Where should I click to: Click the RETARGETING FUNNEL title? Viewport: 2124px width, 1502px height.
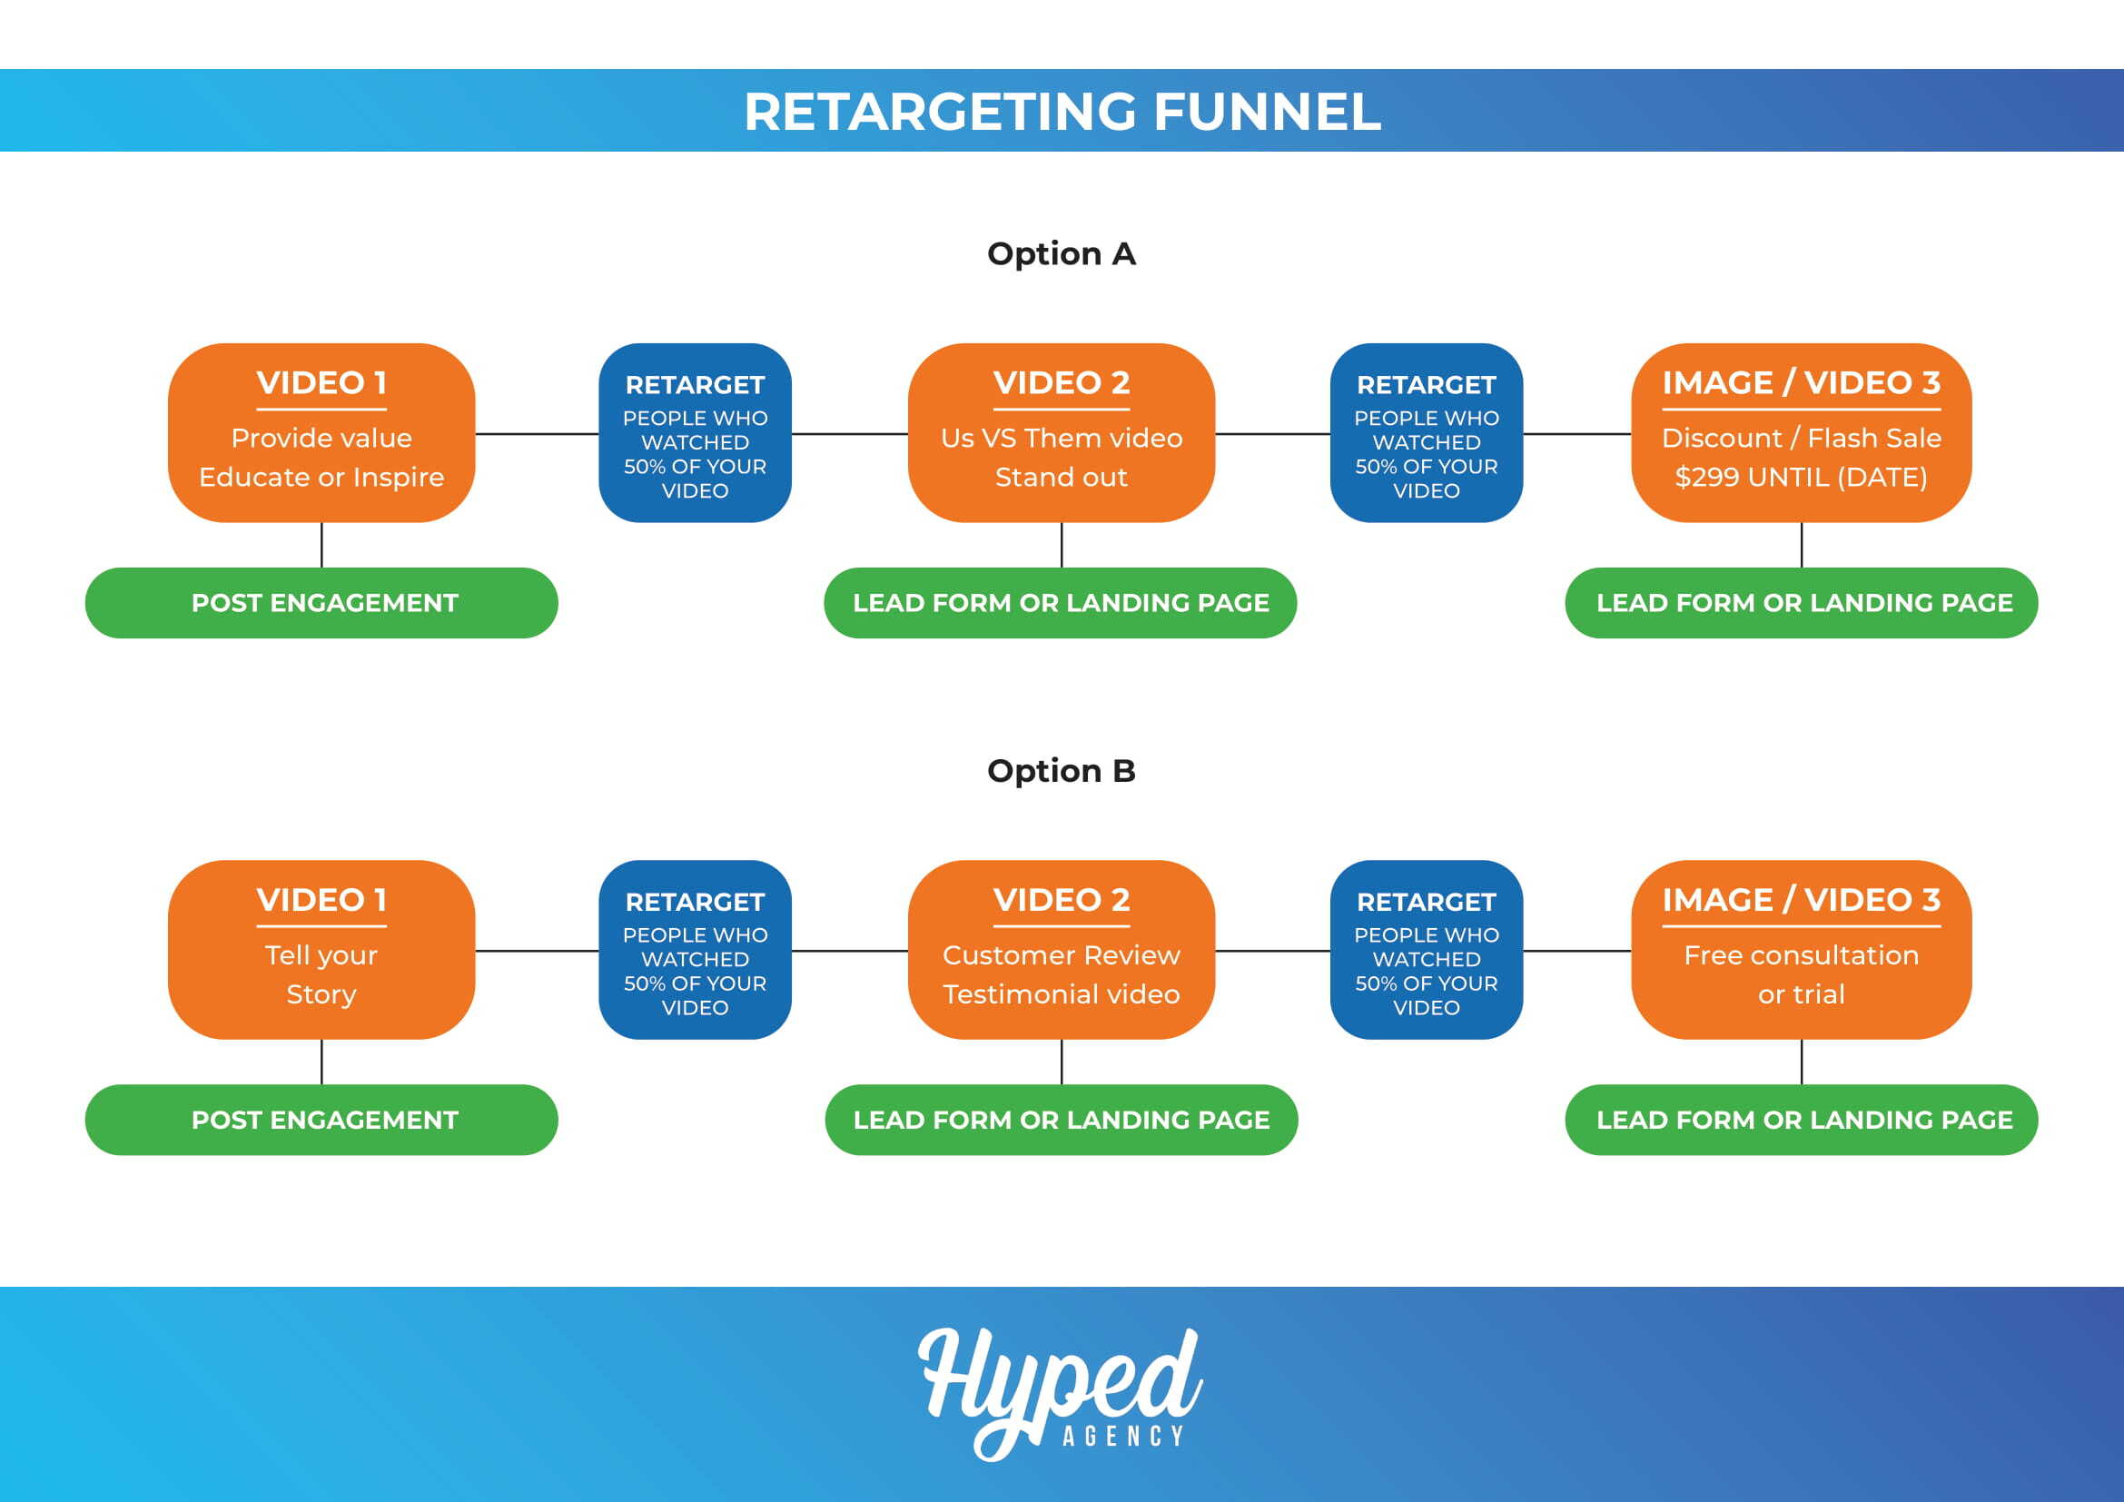point(1062,111)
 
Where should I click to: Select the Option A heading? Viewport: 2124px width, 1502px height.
point(1061,253)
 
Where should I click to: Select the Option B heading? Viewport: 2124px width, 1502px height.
point(1061,770)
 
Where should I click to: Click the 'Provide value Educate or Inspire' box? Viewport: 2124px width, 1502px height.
point(321,433)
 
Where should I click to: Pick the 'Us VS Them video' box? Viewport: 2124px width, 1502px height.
point(1061,433)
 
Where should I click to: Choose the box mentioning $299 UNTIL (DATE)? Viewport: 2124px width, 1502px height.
point(1801,433)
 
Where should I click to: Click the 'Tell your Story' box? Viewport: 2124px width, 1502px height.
point(321,950)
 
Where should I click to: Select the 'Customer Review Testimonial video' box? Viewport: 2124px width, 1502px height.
point(1061,950)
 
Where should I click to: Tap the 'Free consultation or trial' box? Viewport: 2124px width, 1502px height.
point(1801,950)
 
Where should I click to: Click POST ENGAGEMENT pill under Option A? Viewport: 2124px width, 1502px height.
point(321,603)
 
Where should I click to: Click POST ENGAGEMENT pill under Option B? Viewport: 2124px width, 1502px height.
point(321,1120)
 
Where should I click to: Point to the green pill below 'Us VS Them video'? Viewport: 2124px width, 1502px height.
point(1060,603)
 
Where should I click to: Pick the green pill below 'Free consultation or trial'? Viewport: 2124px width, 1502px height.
point(1801,1120)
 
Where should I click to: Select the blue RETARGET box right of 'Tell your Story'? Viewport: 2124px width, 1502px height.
point(695,950)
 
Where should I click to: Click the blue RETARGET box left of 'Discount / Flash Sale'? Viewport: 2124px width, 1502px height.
point(1427,433)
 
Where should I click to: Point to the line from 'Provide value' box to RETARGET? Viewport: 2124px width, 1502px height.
point(537,434)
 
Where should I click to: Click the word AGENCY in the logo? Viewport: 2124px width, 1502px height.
point(1123,1436)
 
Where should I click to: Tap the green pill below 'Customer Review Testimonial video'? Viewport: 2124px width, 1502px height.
point(1061,1120)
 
